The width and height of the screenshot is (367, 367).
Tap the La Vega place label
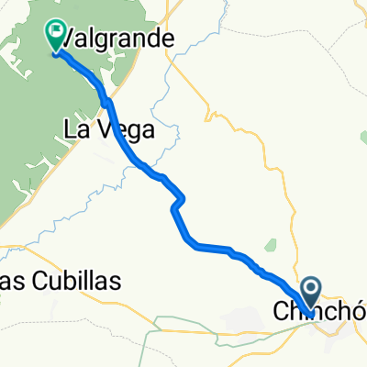click(107, 129)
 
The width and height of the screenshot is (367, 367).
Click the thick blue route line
click(211, 246)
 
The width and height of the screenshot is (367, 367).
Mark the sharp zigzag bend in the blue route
click(179, 202)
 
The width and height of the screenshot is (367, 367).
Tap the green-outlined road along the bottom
click(183, 320)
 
